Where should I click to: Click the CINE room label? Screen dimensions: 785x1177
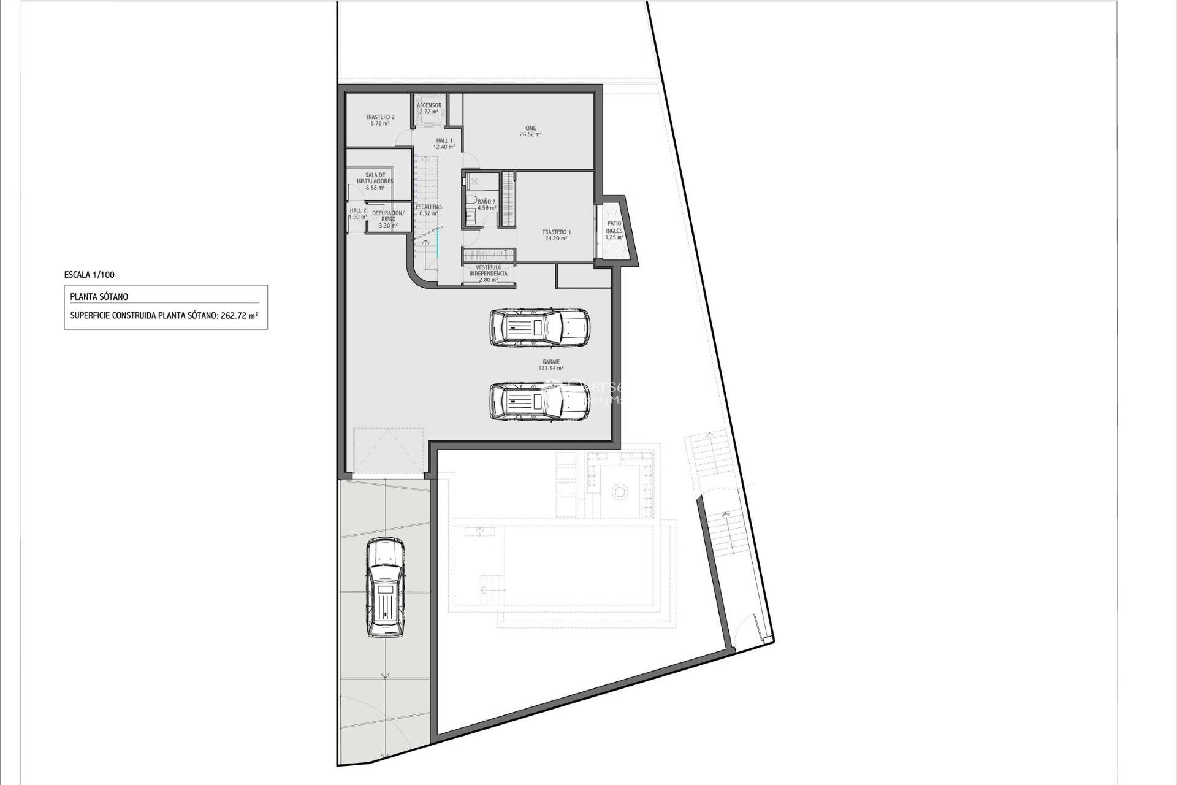pos(530,128)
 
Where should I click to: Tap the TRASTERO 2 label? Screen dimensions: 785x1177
pos(380,117)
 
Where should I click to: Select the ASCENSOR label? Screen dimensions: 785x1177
pos(429,105)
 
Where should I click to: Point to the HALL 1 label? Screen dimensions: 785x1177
pos(444,140)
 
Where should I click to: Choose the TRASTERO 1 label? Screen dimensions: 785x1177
pos(556,232)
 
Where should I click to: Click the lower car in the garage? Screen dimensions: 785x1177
pos(539,402)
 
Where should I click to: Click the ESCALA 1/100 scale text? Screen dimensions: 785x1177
pos(89,275)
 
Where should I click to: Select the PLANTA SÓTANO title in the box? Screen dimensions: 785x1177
pos(99,297)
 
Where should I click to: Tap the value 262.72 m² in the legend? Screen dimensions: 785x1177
pos(239,316)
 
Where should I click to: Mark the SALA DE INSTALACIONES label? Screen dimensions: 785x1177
pos(375,178)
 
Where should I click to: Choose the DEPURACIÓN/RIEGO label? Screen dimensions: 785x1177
pos(388,216)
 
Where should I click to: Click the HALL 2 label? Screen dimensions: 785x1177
pos(358,210)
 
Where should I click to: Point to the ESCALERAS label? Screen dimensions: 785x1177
pos(429,207)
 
